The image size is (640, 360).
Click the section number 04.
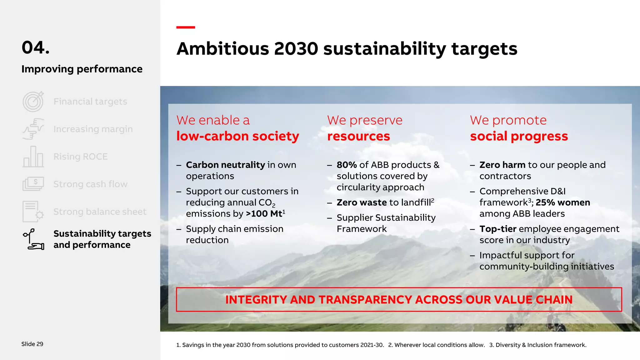pos(36,47)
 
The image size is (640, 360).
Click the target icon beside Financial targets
pos(33,102)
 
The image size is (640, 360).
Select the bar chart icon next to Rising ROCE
pos(33,157)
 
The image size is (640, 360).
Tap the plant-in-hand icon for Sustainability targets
pos(33,239)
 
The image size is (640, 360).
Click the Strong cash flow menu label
pos(90,184)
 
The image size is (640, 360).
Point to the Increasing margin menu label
pos(93,129)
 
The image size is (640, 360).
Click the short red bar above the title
pos(186,27)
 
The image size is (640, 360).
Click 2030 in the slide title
pos(296,49)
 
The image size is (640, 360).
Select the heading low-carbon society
pos(237,136)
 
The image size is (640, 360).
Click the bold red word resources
pos(358,136)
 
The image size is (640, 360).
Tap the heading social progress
pos(519,136)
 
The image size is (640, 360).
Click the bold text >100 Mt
pos(264,214)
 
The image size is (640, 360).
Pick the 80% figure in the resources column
pos(347,165)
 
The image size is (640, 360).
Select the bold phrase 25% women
pos(563,202)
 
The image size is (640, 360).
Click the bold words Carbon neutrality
pos(225,165)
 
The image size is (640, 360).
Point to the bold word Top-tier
pos(498,229)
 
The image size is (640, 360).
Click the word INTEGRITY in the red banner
pos(256,300)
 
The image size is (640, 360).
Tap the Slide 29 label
pos(32,344)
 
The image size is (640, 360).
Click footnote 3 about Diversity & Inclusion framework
pos(538,345)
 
